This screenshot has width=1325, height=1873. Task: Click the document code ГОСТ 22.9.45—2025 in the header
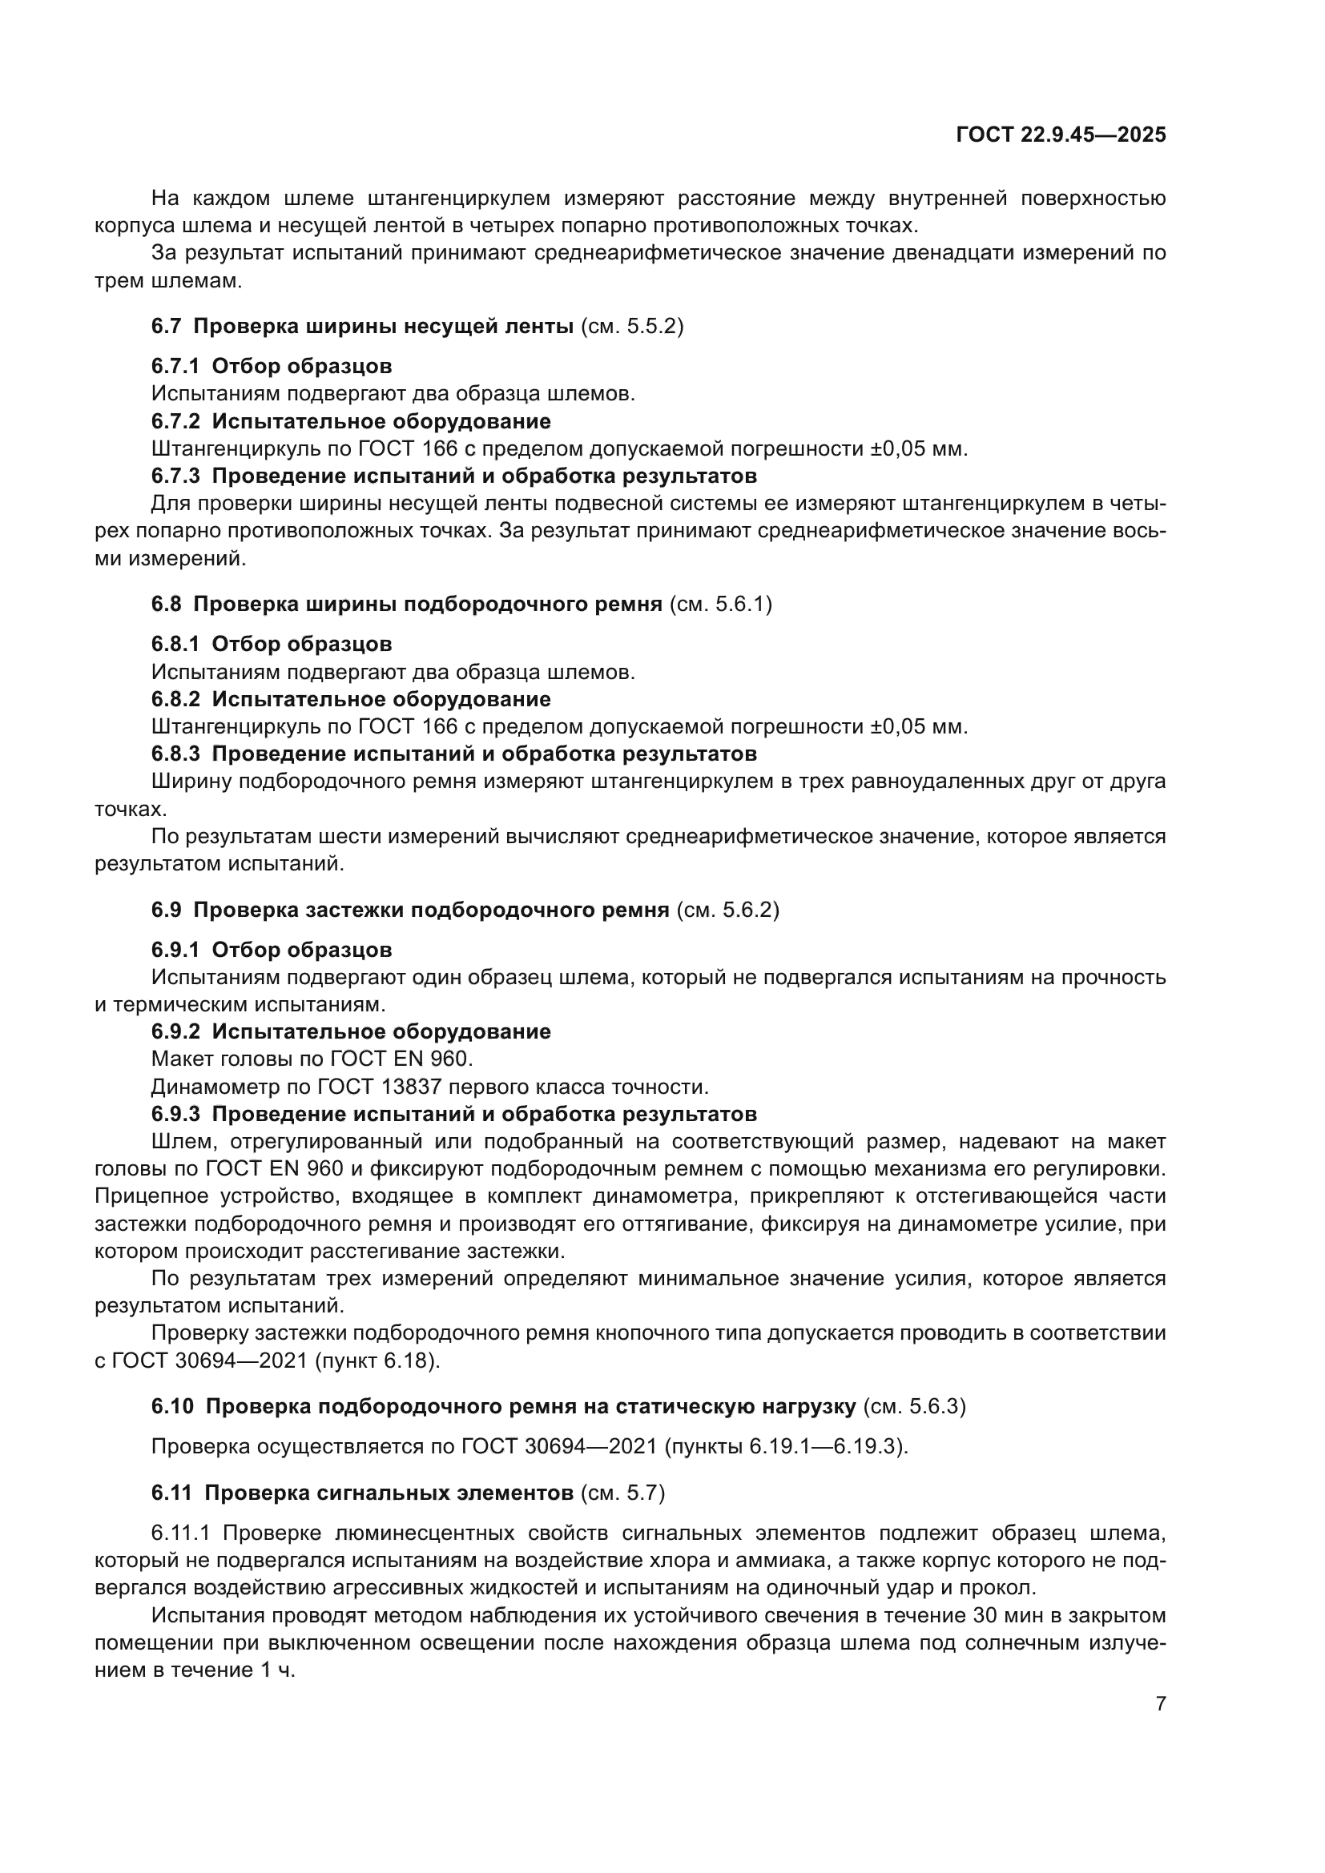(x=1061, y=135)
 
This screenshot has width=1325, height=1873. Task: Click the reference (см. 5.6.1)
(x=720, y=605)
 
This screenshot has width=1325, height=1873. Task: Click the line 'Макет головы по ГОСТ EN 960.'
(x=312, y=1059)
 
